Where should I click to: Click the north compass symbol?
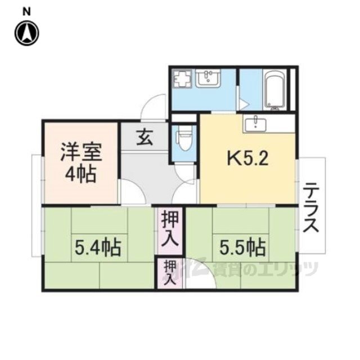point(26,33)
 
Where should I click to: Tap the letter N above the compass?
point(26,11)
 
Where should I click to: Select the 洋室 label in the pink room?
point(79,152)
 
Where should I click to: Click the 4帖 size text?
point(79,173)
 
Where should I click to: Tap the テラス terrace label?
point(312,208)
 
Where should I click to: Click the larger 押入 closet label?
point(170,229)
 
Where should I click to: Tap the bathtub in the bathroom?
point(276,90)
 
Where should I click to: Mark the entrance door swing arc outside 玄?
point(155,107)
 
